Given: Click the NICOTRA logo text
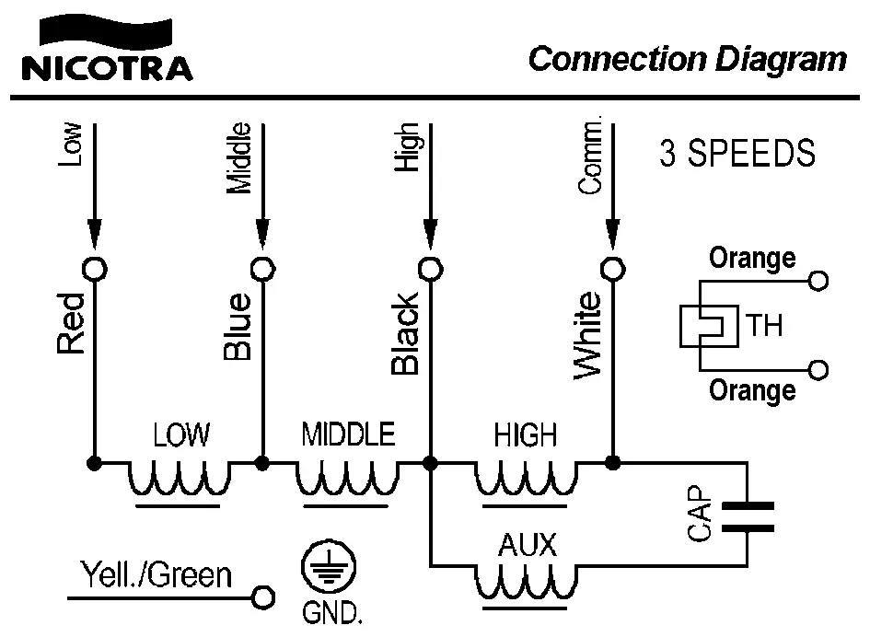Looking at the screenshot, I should pyautogui.click(x=108, y=68).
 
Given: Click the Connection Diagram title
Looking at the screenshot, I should pyautogui.click(x=687, y=60).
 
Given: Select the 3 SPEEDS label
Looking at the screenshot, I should pyautogui.click(x=737, y=154).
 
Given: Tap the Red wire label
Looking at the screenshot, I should pyautogui.click(x=71, y=323).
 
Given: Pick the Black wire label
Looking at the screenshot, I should pyautogui.click(x=405, y=333).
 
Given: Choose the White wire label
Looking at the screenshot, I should pyautogui.click(x=586, y=334).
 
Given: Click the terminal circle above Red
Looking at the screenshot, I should pyautogui.click(x=94, y=268).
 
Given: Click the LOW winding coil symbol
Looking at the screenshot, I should pyautogui.click(x=179, y=478).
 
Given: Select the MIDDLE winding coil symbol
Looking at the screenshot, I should pyautogui.click(x=347, y=478).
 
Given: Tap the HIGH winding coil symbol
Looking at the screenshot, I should pyautogui.click(x=527, y=478).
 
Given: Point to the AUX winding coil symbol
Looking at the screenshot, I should pyautogui.click(x=527, y=581).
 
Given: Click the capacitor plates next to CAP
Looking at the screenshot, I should pyautogui.click(x=748, y=517).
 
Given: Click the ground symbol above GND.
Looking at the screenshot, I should pyautogui.click(x=325, y=572).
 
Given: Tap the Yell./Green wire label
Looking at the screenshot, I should pyautogui.click(x=157, y=576).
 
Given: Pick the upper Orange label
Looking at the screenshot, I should pyautogui.click(x=752, y=259).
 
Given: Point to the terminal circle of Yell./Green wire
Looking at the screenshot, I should pyautogui.click(x=263, y=597).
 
